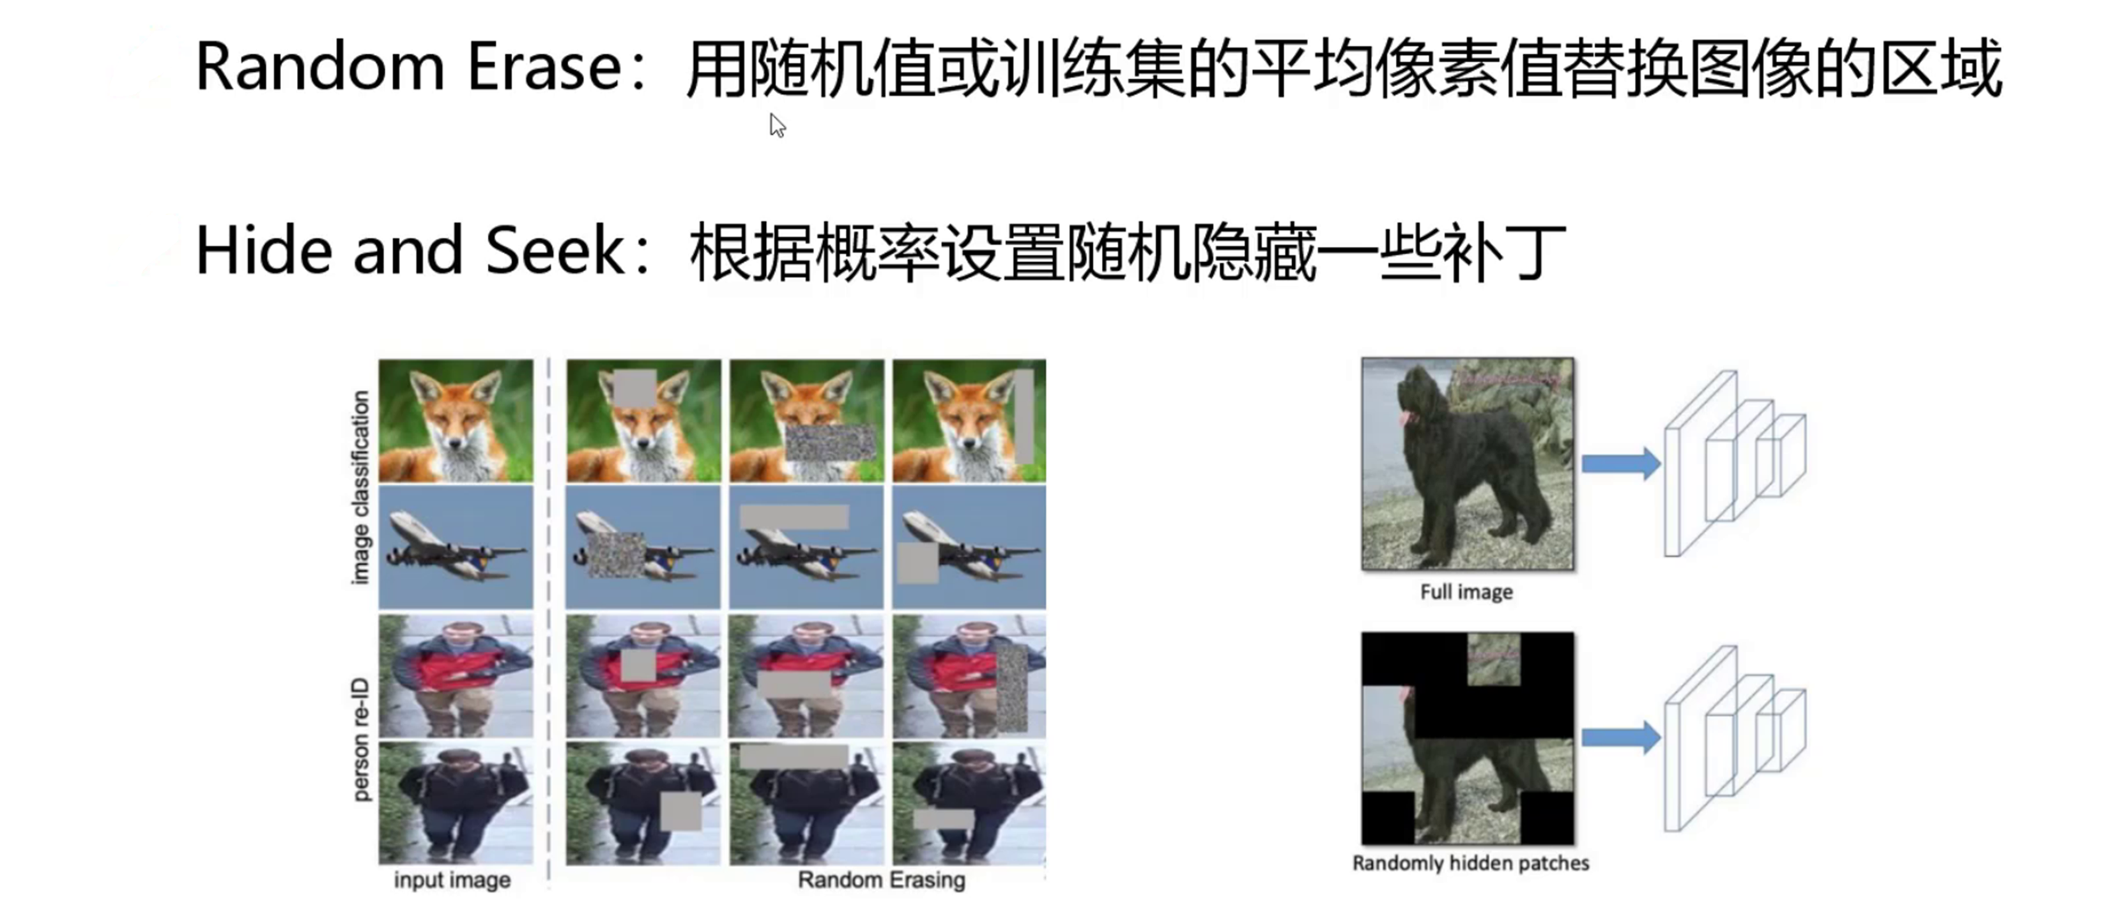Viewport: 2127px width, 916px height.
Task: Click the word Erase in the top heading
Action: [x=545, y=66]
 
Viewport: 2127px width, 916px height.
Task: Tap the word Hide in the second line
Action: [x=263, y=249]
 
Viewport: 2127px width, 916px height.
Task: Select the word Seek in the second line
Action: [x=555, y=249]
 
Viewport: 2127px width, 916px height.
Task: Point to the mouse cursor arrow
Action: [x=777, y=125]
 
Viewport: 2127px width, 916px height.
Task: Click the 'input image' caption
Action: [x=452, y=880]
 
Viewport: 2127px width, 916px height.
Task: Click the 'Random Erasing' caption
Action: [x=881, y=880]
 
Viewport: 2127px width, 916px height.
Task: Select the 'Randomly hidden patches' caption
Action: [x=1471, y=863]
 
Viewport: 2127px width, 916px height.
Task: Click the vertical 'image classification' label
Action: [x=360, y=487]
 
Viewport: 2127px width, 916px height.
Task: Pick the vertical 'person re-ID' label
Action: [x=360, y=739]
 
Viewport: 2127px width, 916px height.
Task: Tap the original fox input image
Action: [x=456, y=420]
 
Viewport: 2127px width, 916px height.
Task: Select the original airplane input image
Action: [x=456, y=547]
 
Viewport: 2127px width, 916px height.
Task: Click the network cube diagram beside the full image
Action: [x=1734, y=464]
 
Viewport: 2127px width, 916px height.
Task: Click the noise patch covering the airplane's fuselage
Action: [x=616, y=554]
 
